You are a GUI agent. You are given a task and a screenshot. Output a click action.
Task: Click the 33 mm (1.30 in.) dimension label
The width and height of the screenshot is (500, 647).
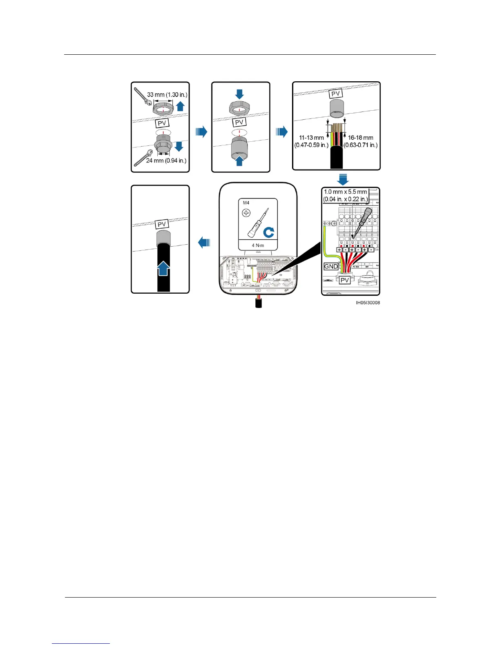tap(167, 95)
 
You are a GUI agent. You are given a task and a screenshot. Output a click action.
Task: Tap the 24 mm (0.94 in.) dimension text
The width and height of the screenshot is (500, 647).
tap(166, 161)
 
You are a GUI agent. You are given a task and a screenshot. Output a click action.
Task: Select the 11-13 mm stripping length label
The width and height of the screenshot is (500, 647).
tap(311, 141)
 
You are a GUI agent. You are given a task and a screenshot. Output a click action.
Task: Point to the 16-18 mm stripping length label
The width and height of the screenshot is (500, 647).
tap(360, 141)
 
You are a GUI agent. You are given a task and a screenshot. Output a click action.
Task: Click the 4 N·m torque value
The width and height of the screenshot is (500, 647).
tap(258, 245)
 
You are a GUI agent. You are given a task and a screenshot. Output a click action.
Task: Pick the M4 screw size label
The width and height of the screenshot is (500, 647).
tap(246, 203)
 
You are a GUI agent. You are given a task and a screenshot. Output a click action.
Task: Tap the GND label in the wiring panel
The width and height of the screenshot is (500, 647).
tap(331, 266)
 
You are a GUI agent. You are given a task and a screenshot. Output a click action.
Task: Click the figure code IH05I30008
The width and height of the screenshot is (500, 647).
tap(368, 303)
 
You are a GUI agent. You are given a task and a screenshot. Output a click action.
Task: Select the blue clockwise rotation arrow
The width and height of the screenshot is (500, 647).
tap(268, 232)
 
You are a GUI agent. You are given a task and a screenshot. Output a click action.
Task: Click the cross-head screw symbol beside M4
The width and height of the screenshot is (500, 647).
tap(246, 213)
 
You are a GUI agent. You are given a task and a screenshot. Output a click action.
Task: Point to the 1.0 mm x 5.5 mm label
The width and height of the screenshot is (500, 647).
tap(346, 195)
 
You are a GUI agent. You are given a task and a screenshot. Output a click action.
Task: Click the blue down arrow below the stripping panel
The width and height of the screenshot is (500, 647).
tap(343, 179)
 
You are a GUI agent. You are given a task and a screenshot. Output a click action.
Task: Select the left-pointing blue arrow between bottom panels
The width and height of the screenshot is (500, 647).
tap(204, 243)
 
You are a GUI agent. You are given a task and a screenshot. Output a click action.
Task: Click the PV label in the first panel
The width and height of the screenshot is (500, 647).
tap(162, 123)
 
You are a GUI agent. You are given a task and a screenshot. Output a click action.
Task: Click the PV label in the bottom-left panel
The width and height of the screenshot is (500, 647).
tap(162, 224)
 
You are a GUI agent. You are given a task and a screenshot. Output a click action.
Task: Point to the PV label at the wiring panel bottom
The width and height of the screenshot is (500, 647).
tap(345, 280)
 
